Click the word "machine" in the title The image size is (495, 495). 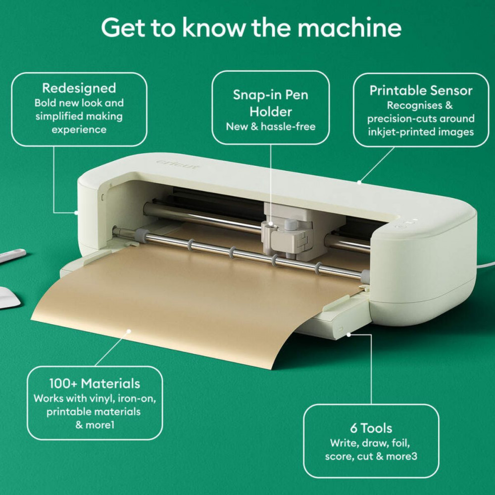point(347,28)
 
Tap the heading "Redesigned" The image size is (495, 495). point(79,88)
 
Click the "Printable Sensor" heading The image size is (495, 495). point(421,91)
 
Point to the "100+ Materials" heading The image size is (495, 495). point(95,383)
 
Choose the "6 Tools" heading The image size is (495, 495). point(371,428)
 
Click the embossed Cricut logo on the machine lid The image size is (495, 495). point(179,164)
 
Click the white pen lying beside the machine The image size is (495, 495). point(12,255)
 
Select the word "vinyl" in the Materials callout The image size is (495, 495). point(100,398)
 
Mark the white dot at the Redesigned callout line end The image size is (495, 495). point(76,212)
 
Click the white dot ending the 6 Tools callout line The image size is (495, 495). point(349,334)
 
